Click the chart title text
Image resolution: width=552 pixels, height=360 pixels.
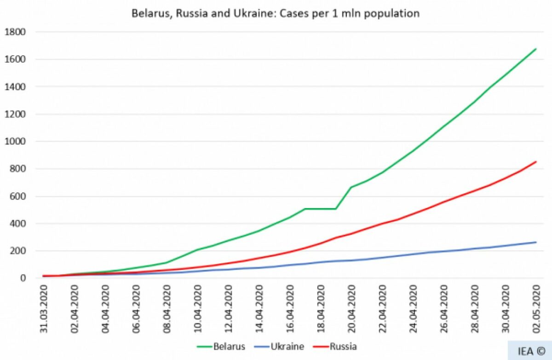[x=276, y=13]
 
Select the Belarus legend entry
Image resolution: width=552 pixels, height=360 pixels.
[x=229, y=346]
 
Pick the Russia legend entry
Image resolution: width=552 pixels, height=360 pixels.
[x=343, y=346]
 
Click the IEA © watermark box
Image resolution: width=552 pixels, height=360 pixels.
[x=529, y=351]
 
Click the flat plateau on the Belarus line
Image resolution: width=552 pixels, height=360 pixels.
[x=321, y=209]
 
